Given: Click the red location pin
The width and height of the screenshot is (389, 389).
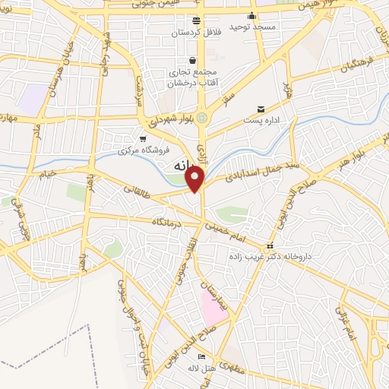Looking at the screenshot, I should point(195,179).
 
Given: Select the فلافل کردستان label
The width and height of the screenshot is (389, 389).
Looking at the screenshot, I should point(196,33).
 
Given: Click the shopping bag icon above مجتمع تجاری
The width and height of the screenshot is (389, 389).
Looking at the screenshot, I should point(192,60).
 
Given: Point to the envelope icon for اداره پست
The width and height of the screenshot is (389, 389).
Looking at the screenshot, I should point(261,109).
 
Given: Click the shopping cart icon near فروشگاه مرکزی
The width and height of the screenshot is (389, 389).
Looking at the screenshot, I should point(143,138).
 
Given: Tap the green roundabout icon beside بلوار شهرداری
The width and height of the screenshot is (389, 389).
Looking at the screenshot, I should point(201,119).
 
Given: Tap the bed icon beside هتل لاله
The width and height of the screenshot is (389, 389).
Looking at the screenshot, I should point(201,357).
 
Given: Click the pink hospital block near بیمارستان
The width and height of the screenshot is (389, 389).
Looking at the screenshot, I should point(210,305).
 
